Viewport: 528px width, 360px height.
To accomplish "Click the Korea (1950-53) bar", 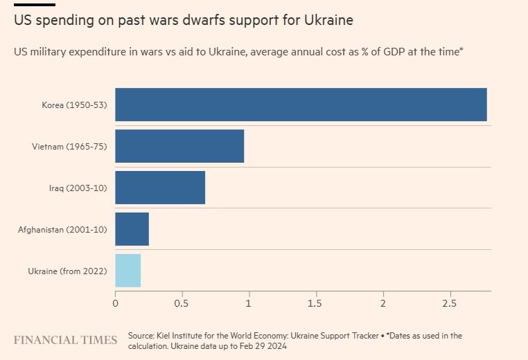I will coord(301,105).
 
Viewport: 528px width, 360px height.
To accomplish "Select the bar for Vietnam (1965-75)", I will coord(179,146).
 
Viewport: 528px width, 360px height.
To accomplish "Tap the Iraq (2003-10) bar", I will coord(160,188).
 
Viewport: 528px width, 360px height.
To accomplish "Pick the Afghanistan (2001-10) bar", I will coord(132,229).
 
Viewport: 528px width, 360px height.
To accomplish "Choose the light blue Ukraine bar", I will coord(128,271).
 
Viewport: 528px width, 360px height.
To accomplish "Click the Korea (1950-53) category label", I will coord(74,105).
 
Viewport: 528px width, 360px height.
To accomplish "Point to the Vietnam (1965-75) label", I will coord(69,147).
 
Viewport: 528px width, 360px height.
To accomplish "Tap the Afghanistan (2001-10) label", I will coord(62,229).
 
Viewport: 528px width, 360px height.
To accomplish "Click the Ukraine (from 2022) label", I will coord(67,271).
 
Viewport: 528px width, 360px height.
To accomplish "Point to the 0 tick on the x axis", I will coord(116,303).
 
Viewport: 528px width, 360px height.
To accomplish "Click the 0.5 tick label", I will coord(182,303).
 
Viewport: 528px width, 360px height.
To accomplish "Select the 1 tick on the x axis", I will coord(249,303).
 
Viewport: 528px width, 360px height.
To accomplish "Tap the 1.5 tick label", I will coord(315,303).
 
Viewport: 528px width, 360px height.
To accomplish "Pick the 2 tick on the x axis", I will coord(382,303).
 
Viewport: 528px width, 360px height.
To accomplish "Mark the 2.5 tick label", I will coord(449,303).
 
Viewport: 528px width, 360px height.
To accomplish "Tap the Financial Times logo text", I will coord(66,340).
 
